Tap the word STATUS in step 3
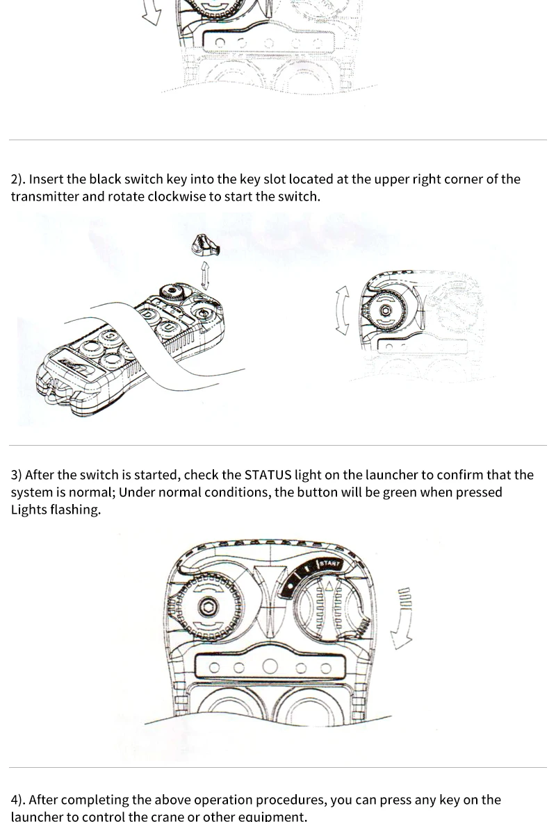268,476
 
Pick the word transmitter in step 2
44,196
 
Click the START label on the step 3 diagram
329,564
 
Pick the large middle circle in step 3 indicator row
269,668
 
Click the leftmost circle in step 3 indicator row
215,669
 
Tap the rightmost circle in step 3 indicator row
325,669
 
